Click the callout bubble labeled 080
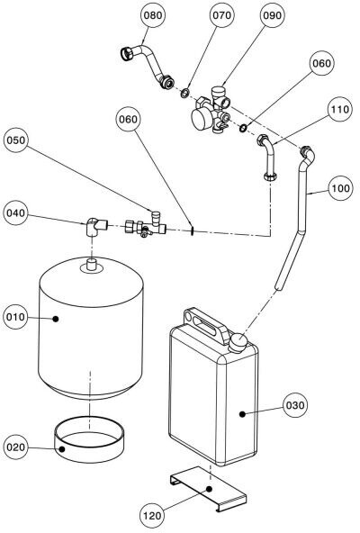153,15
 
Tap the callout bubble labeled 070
221,15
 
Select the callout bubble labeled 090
273,15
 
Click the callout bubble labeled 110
339,109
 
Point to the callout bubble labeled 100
340,188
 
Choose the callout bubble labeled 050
16,140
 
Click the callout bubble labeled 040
16,213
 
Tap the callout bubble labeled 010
16,317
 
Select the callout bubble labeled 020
16,447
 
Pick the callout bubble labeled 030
295,405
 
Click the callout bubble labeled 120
152,516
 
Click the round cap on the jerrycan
237,342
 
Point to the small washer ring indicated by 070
184,93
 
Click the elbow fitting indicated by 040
96,226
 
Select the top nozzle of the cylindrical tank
92,265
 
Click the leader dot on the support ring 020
62,448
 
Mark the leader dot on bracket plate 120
210,489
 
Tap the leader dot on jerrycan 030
242,413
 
